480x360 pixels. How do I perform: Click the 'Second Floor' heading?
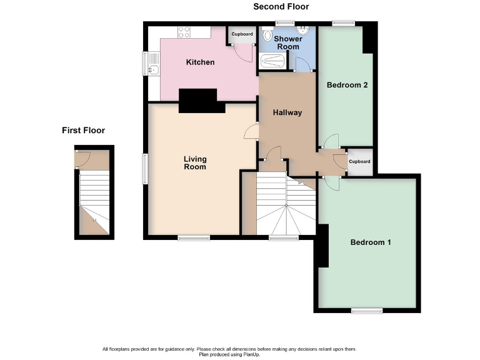[x=281, y=7]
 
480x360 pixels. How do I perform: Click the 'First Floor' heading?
[x=83, y=131]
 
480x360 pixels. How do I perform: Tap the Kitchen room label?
[x=200, y=62]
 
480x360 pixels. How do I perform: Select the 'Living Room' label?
[x=194, y=163]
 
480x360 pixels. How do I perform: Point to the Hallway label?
[x=287, y=113]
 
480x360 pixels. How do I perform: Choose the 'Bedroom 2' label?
[x=347, y=86]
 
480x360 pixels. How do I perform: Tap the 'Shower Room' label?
[x=288, y=42]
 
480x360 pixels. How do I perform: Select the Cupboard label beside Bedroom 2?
[x=359, y=161]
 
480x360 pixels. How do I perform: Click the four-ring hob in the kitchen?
[x=184, y=32]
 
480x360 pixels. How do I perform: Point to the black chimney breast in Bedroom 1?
[x=323, y=246]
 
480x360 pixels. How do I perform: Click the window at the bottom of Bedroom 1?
[x=366, y=310]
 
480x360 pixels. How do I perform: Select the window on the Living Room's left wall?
[x=145, y=169]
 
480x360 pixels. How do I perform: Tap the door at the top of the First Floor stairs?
[x=82, y=157]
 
